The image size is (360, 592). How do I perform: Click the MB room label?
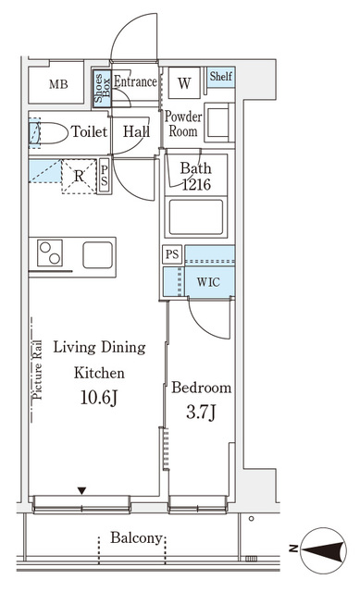58,84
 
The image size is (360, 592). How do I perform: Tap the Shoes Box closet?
102,89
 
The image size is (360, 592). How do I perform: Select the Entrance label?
135,81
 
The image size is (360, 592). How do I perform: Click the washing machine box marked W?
184,82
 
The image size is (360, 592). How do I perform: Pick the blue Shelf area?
221,78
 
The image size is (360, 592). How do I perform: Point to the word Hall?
136,131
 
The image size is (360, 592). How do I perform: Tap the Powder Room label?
183,124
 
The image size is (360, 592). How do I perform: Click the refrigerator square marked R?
79,177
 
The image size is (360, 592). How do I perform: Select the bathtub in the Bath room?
196,217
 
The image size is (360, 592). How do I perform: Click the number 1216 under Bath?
196,185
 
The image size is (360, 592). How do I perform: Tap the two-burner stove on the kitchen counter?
50,253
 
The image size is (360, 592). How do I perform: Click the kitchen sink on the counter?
98,255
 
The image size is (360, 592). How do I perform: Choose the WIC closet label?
208,282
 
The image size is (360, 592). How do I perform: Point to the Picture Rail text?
37,370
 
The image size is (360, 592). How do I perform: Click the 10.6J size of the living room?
99,398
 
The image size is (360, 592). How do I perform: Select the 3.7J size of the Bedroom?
201,413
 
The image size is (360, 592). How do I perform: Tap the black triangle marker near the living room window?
81,491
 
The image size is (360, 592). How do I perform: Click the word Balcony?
136,538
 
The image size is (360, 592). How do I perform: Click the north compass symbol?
325,550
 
